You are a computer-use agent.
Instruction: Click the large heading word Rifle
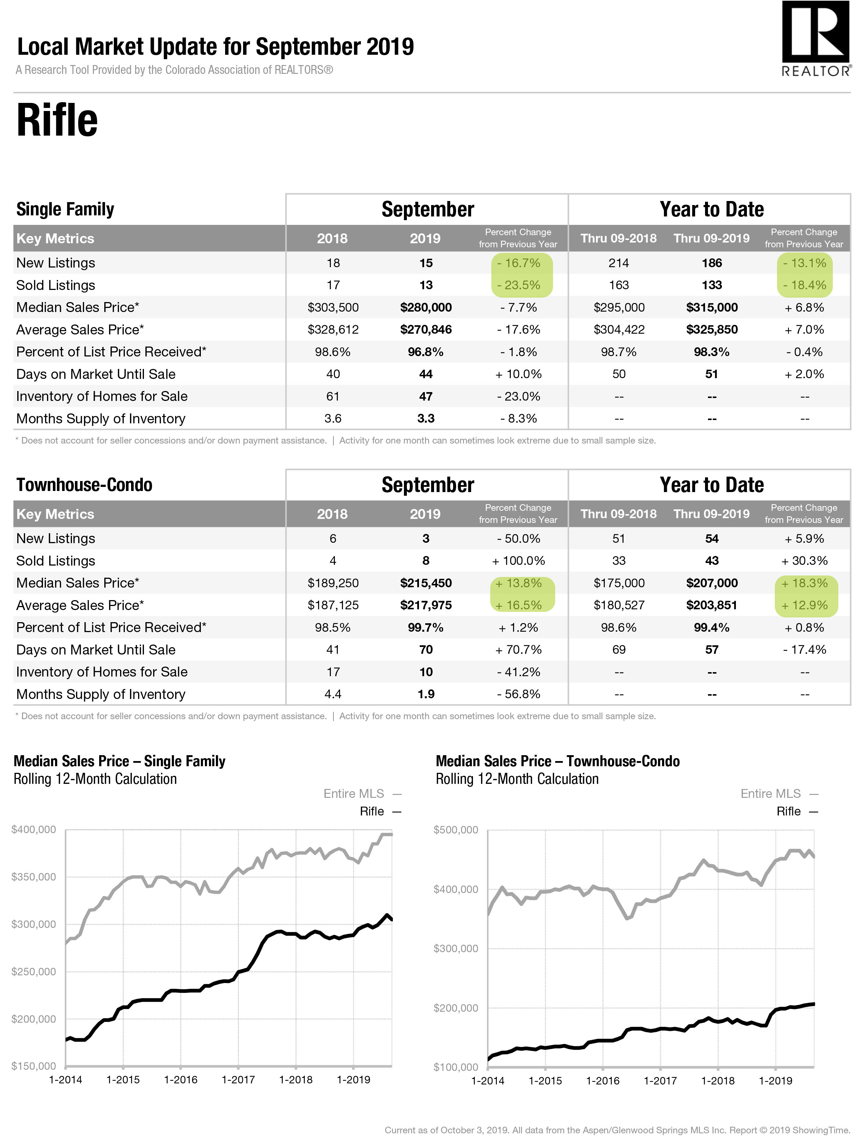(x=57, y=120)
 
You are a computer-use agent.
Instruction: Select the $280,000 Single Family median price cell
(x=426, y=307)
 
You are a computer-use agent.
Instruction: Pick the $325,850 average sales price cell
(x=712, y=330)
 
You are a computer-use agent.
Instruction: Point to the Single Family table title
(x=65, y=209)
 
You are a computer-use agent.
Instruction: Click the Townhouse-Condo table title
(x=84, y=485)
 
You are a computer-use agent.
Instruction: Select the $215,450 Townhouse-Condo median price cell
(x=426, y=583)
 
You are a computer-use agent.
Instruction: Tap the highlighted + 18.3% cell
(x=805, y=583)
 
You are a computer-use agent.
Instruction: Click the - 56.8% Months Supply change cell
(x=518, y=694)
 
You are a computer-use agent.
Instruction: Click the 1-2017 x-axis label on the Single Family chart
(x=238, y=1079)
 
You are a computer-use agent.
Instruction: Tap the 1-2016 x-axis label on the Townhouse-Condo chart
(x=603, y=1080)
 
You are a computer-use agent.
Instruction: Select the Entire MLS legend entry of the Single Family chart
(x=362, y=794)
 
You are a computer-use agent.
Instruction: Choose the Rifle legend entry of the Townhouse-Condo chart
(x=797, y=811)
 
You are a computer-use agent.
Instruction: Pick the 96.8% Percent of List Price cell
(x=426, y=352)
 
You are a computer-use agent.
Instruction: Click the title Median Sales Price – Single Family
(x=119, y=761)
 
